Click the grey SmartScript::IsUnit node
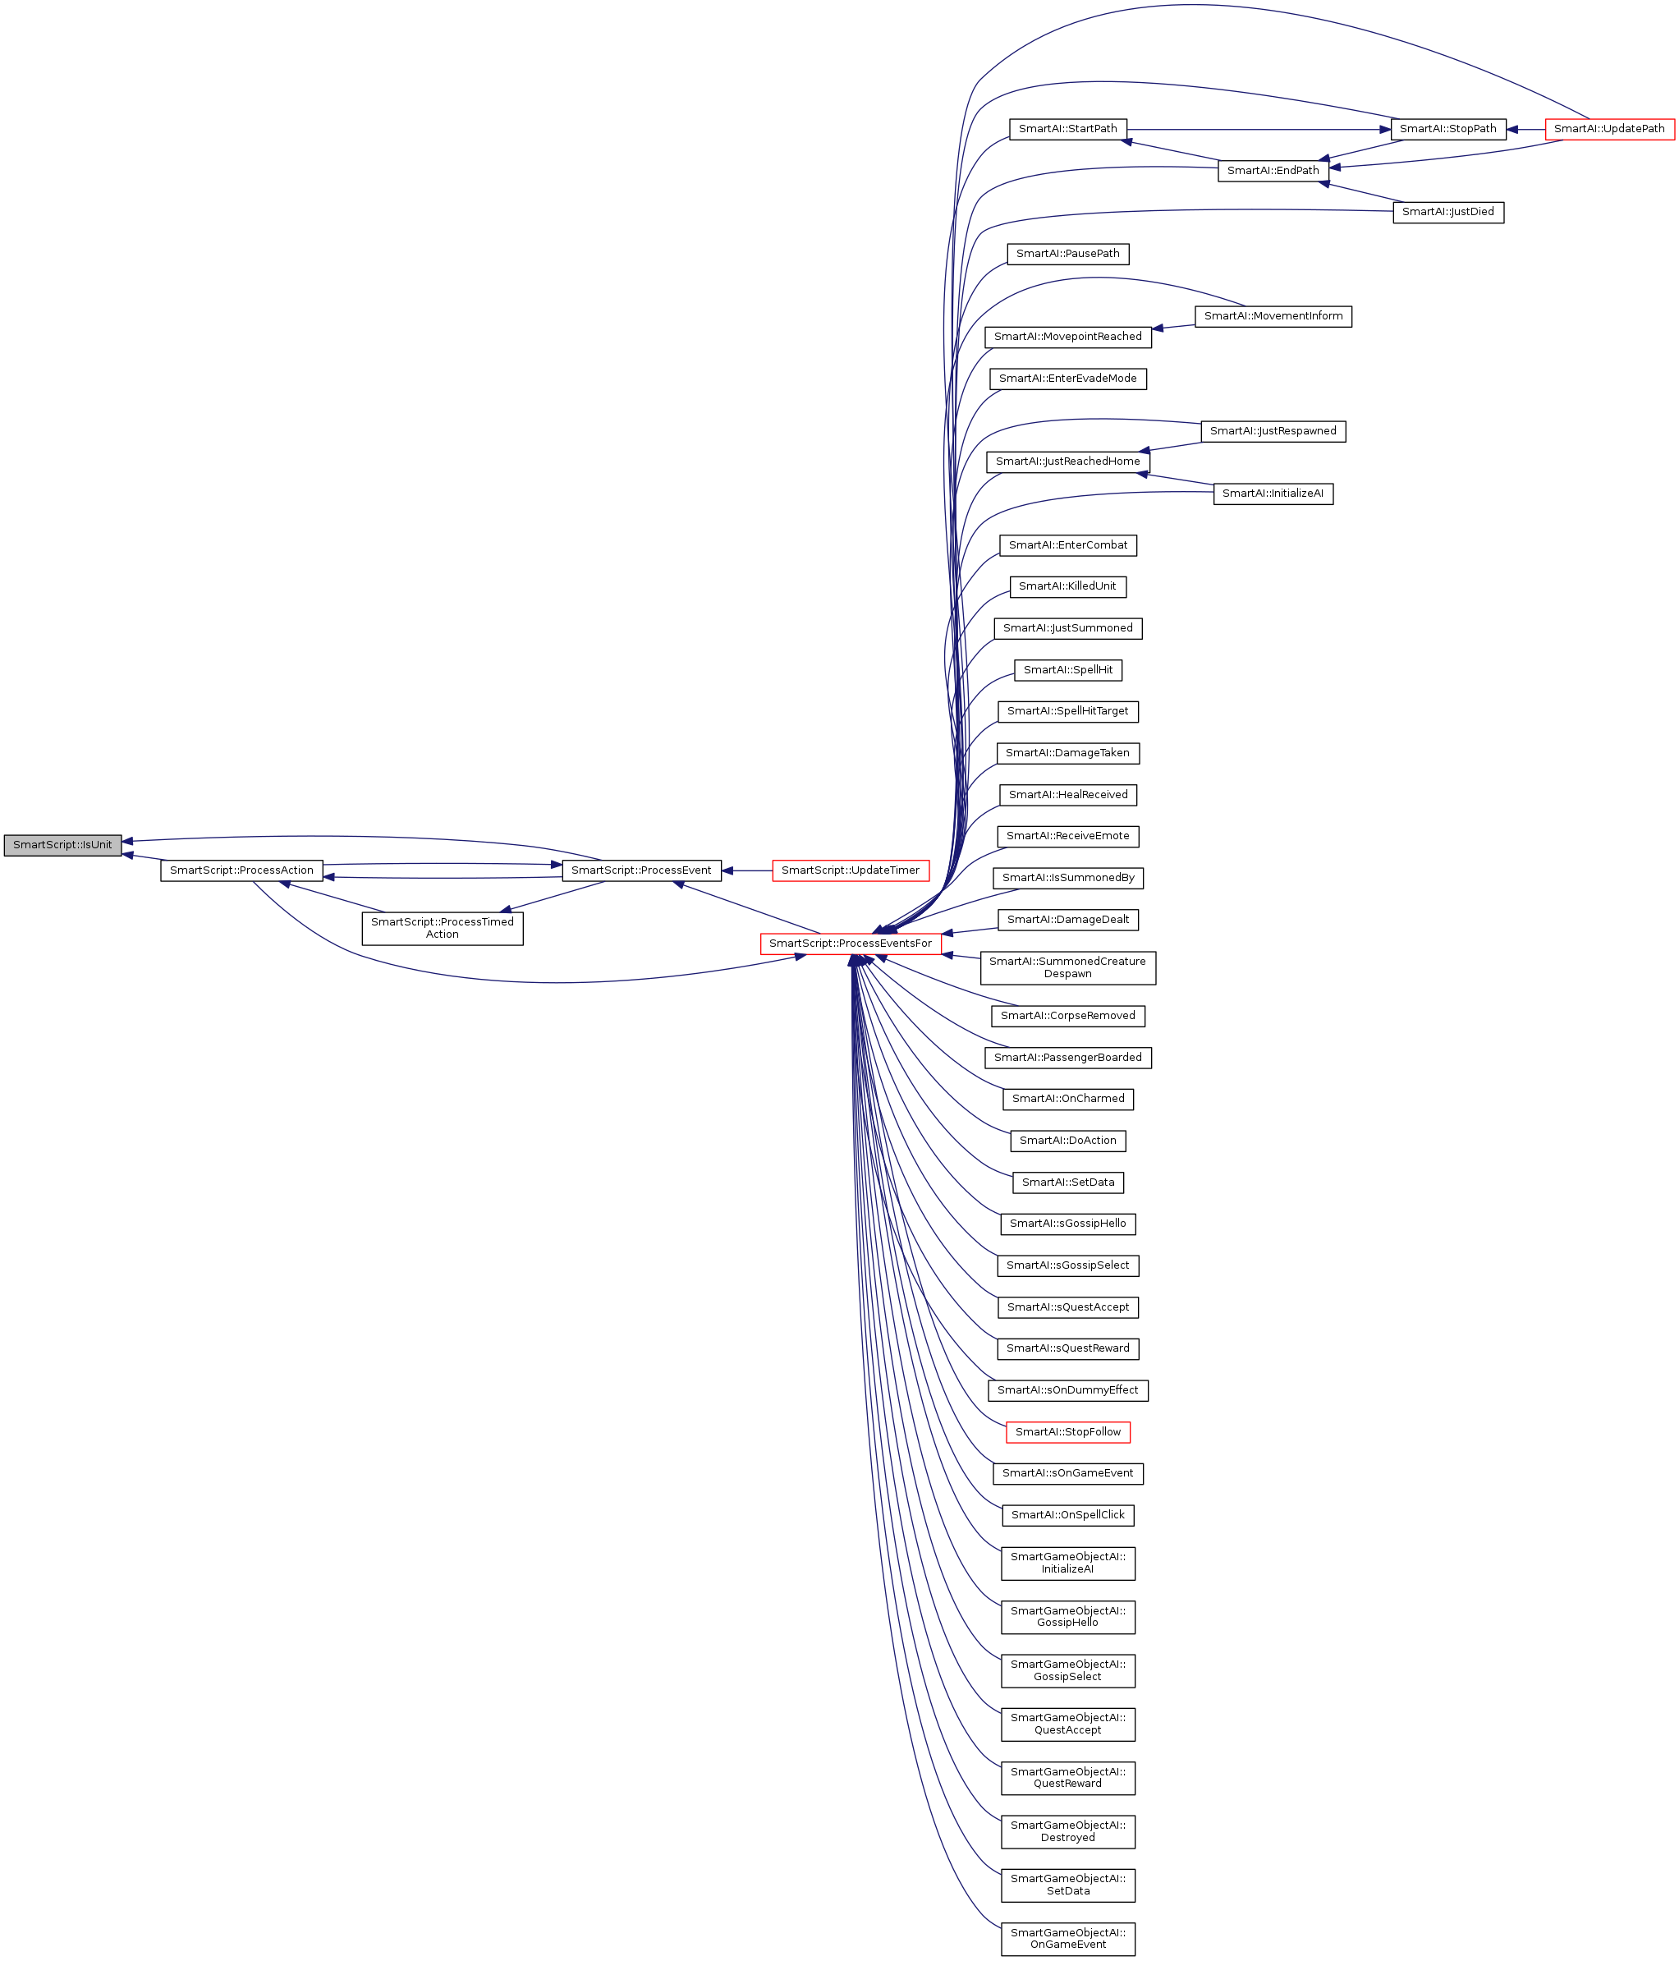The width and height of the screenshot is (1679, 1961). pyautogui.click(x=62, y=845)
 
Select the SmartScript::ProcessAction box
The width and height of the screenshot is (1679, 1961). pyautogui.click(x=241, y=870)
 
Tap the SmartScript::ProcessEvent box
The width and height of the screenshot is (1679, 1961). pyautogui.click(x=640, y=870)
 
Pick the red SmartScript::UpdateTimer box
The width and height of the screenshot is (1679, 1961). pyautogui.click(x=850, y=870)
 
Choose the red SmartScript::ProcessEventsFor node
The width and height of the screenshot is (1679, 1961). pyautogui.click(x=850, y=944)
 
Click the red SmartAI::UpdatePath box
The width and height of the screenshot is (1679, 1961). pyautogui.click(x=1609, y=130)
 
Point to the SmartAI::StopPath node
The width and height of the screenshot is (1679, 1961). pyautogui.click(x=1447, y=130)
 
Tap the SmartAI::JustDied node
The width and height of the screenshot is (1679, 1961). pyautogui.click(x=1447, y=212)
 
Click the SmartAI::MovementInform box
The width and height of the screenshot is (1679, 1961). pyautogui.click(x=1273, y=316)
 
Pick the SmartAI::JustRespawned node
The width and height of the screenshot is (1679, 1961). pyautogui.click(x=1273, y=432)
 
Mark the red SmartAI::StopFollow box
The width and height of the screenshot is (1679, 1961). pyautogui.click(x=1067, y=1432)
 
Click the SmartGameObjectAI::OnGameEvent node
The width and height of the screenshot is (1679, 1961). pyautogui.click(x=1067, y=1938)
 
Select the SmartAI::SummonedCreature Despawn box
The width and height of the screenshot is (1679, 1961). pyautogui.click(x=1067, y=967)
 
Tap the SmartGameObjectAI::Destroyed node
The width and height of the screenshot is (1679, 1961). pyautogui.click(x=1067, y=1831)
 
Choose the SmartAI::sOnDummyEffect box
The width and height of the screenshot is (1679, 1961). pyautogui.click(x=1067, y=1390)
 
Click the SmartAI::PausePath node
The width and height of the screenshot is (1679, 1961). pyautogui.click(x=1067, y=254)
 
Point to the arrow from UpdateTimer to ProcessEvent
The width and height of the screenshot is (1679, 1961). pyautogui.click(x=748, y=870)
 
